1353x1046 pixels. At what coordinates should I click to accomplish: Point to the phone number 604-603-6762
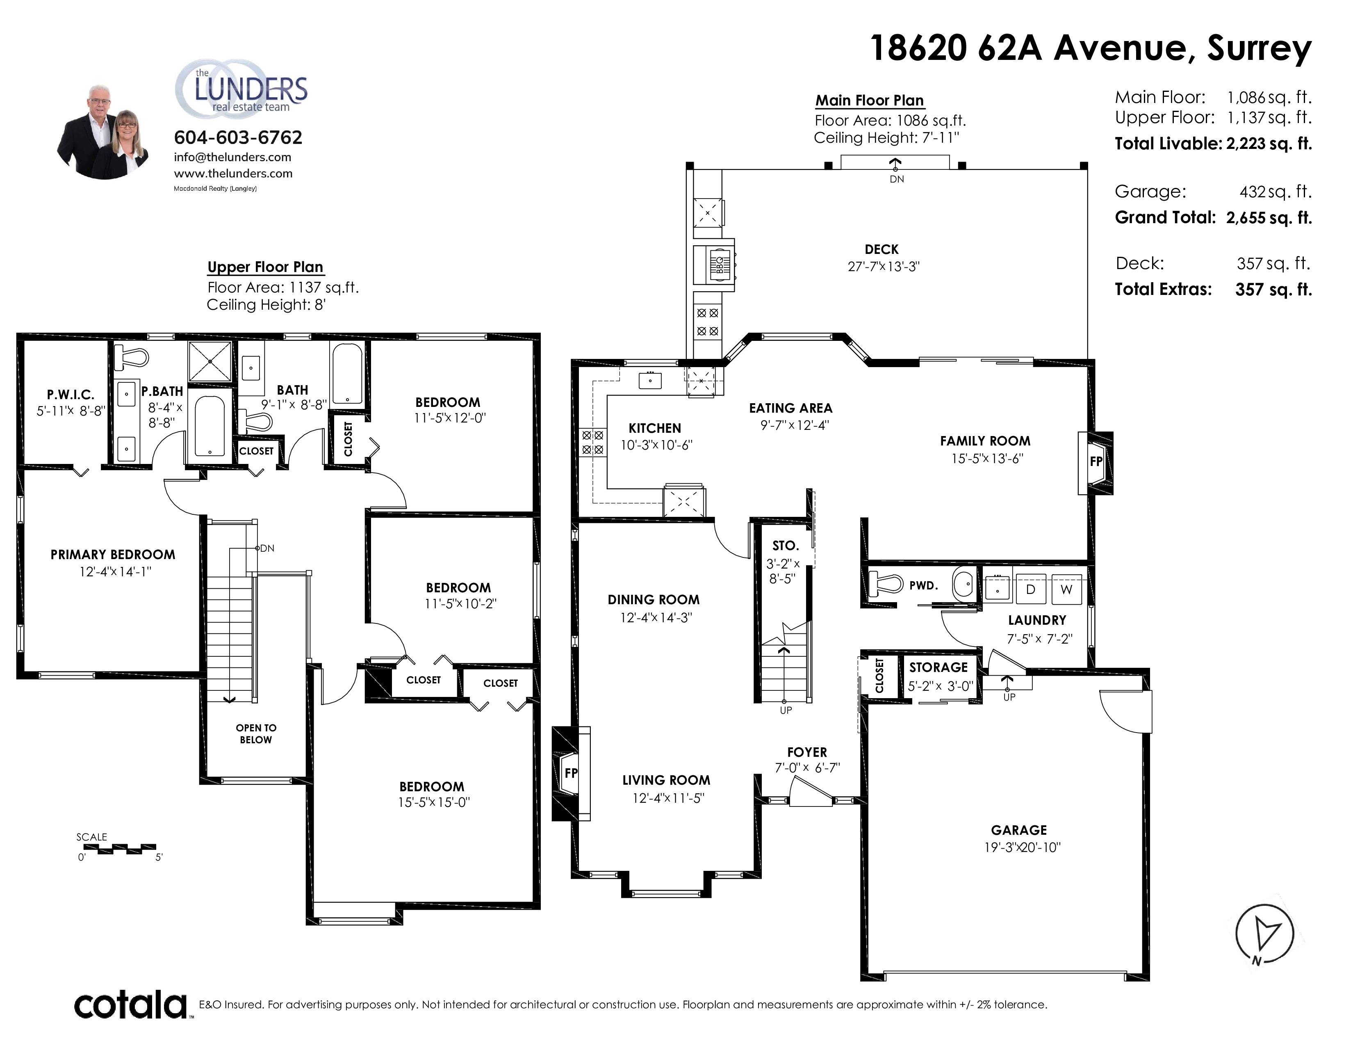[238, 137]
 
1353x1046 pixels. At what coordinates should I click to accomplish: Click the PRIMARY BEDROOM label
[113, 555]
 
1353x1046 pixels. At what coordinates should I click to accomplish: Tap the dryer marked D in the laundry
[1031, 589]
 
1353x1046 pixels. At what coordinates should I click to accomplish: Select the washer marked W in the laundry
[1066, 589]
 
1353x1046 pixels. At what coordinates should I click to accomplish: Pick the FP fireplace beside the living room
[571, 773]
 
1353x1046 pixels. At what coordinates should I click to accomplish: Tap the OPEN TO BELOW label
[256, 734]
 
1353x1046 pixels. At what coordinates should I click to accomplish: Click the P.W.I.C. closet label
[71, 395]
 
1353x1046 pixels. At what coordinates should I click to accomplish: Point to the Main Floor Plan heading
[869, 100]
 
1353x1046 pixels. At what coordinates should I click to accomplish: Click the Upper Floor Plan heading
[265, 267]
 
